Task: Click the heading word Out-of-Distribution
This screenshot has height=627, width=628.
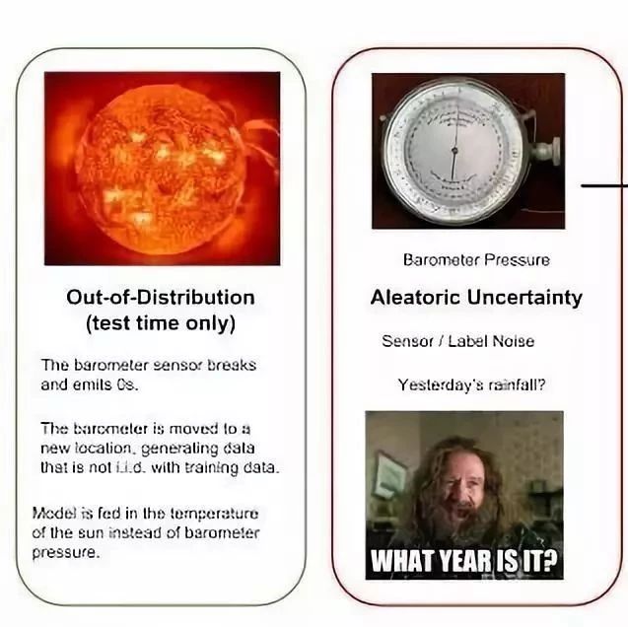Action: (x=160, y=298)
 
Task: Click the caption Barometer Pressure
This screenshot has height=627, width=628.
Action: (x=476, y=260)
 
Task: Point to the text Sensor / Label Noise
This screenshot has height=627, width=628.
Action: (x=458, y=341)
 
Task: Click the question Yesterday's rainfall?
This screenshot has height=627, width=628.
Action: (x=471, y=384)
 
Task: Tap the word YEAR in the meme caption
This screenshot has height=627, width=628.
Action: (x=465, y=562)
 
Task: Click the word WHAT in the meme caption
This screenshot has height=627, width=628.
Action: (x=404, y=562)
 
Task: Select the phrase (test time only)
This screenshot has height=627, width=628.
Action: (x=161, y=323)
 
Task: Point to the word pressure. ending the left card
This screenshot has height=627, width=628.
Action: (x=65, y=553)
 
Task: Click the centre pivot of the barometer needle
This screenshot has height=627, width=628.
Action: (x=454, y=150)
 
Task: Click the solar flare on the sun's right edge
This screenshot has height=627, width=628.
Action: (x=260, y=138)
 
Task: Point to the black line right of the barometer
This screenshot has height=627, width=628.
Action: (x=604, y=185)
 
